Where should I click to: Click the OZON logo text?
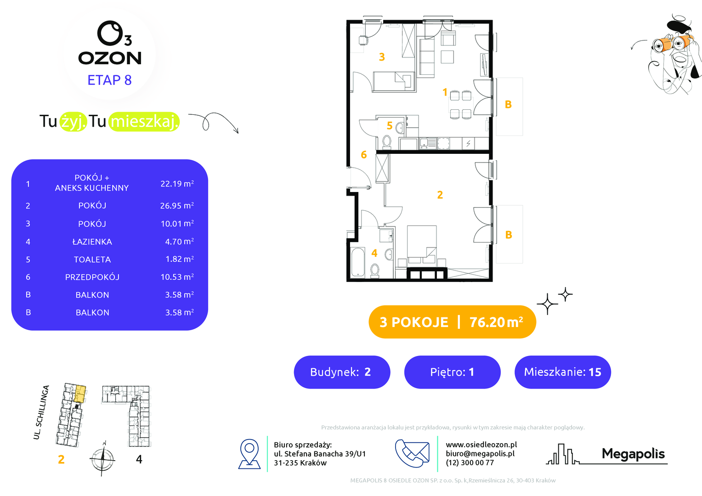coord(110,58)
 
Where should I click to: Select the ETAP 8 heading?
coord(109,80)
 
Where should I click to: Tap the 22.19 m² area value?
coord(177,184)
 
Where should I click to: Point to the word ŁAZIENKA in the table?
coord(92,242)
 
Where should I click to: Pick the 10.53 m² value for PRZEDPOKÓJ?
coord(177,277)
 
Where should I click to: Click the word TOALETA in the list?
coord(92,259)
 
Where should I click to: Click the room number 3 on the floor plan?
coord(382,57)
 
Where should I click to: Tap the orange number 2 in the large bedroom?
coord(440,195)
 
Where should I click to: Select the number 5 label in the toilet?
coord(390,126)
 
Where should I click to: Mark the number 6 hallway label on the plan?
coord(363,154)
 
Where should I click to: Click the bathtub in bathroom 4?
coord(358,262)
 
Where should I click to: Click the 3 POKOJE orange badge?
coord(452,322)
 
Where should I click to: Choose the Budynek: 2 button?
coord(342,372)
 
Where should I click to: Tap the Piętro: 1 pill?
coord(452,372)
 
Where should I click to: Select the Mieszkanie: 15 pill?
coord(562,372)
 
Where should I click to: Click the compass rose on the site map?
coord(103,459)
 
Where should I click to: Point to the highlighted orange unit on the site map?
coord(80,394)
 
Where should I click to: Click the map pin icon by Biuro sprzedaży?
coord(249,454)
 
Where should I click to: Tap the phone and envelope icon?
coord(412,453)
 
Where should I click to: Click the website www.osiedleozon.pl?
coord(481,445)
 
